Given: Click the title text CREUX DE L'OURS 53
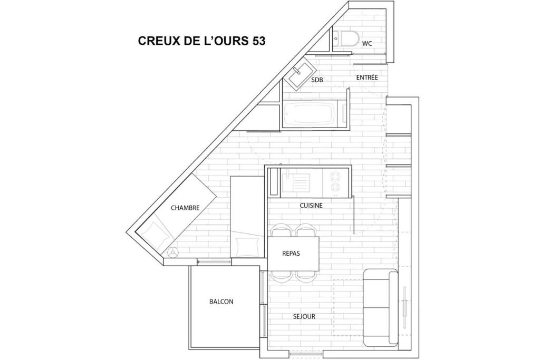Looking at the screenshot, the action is [x=201, y=41].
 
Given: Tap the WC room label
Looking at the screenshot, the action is [x=367, y=44].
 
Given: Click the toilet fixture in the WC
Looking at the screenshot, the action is [x=346, y=39].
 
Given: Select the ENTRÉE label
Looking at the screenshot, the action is [x=367, y=77].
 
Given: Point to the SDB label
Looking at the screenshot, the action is [x=317, y=80].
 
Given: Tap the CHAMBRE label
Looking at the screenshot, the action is [x=185, y=208].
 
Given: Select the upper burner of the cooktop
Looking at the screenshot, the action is [x=335, y=177].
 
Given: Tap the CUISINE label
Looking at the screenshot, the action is [x=311, y=206].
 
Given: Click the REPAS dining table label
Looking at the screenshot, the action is [x=291, y=254].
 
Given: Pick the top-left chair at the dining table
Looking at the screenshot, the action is [x=282, y=230].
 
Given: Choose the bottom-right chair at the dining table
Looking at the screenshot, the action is [x=306, y=277].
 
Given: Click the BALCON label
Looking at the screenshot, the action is [x=221, y=301].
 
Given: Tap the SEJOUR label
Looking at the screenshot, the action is [x=304, y=316].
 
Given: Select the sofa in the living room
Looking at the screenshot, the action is [x=381, y=308].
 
